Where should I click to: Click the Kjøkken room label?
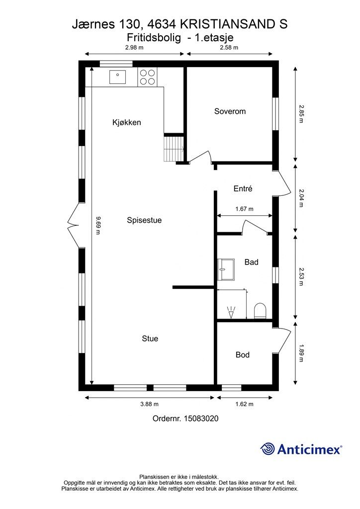(x=127, y=122)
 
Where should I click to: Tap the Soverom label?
(x=230, y=111)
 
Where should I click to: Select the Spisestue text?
(x=144, y=220)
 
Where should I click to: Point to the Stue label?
(x=150, y=339)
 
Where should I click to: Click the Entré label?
(x=243, y=188)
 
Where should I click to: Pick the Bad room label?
(x=251, y=262)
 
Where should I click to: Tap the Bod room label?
(x=243, y=355)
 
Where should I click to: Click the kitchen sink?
(x=117, y=77)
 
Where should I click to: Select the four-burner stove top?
(x=147, y=77)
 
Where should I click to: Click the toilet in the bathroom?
(x=260, y=311)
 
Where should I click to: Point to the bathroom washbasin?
(x=226, y=269)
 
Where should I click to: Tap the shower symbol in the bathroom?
(x=231, y=312)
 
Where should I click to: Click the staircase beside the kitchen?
(x=174, y=148)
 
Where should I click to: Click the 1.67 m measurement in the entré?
(x=245, y=209)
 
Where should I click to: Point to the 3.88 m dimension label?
(x=149, y=404)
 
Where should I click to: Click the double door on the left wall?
(x=74, y=225)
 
